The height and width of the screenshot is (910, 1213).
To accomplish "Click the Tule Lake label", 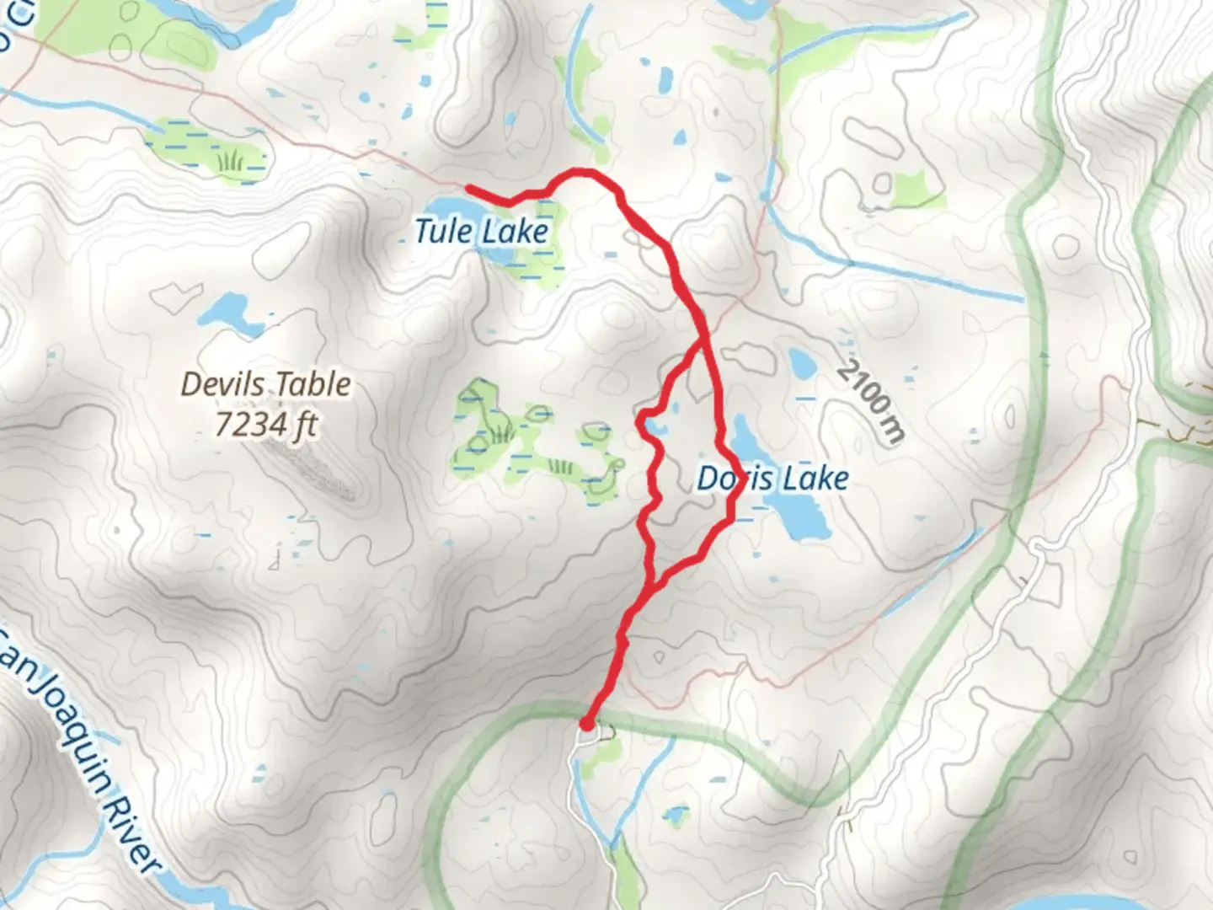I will (481, 231).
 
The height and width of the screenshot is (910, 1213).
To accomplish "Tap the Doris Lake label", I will (772, 479).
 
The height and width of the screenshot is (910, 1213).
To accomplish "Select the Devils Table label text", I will (266, 384).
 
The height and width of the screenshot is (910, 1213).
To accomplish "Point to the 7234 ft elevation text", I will (266, 424).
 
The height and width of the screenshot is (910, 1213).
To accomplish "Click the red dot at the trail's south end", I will (586, 723).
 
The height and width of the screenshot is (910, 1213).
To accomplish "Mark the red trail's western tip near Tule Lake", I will (469, 187).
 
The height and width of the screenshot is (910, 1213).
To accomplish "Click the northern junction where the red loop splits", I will (703, 341).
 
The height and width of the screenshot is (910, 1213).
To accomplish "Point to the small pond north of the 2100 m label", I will (799, 363).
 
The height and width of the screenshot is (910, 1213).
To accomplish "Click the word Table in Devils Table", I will (313, 384).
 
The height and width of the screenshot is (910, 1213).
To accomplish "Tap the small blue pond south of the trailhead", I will (676, 815).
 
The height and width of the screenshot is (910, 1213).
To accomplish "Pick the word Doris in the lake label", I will (729, 479).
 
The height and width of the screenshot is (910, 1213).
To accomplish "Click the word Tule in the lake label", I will (443, 231).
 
